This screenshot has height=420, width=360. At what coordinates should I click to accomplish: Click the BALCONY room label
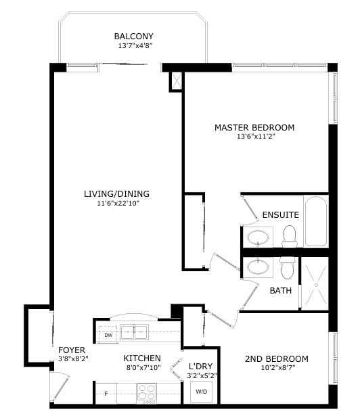tap(134, 36)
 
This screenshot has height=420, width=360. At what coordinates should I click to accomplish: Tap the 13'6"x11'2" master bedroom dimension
tap(256, 137)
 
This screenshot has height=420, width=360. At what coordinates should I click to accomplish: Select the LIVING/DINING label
tap(116, 193)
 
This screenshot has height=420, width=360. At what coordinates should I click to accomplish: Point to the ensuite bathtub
tap(316, 221)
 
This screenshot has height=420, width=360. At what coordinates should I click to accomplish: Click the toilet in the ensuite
tap(290, 236)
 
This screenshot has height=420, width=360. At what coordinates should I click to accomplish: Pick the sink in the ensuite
tap(258, 237)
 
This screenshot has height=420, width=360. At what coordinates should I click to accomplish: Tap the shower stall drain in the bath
tap(316, 285)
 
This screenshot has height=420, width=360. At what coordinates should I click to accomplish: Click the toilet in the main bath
tap(288, 267)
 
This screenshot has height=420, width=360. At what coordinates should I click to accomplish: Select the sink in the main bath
tap(258, 266)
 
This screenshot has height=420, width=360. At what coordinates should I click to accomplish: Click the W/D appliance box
tap(201, 392)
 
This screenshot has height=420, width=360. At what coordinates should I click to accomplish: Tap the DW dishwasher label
tap(108, 335)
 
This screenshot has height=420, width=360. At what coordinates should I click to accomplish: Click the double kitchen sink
tap(134, 332)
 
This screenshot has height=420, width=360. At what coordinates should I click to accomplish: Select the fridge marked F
tap(106, 393)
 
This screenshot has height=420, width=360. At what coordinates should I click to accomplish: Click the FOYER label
tap(72, 350)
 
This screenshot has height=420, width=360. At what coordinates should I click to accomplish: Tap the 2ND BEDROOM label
tap(277, 358)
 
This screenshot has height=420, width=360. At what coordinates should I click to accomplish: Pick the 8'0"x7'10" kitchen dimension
tap(143, 367)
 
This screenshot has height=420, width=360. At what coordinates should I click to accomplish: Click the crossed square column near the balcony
tap(176, 81)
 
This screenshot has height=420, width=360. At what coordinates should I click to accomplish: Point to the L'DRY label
tap(200, 366)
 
